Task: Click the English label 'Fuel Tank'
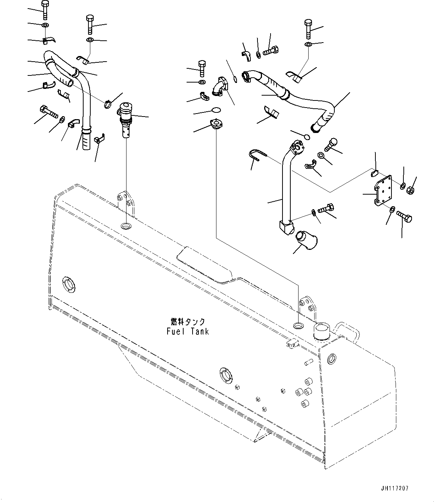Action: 188,331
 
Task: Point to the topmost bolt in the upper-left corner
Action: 44,10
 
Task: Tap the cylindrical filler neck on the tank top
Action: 322,331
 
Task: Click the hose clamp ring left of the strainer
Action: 107,103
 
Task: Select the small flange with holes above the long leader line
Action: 216,124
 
